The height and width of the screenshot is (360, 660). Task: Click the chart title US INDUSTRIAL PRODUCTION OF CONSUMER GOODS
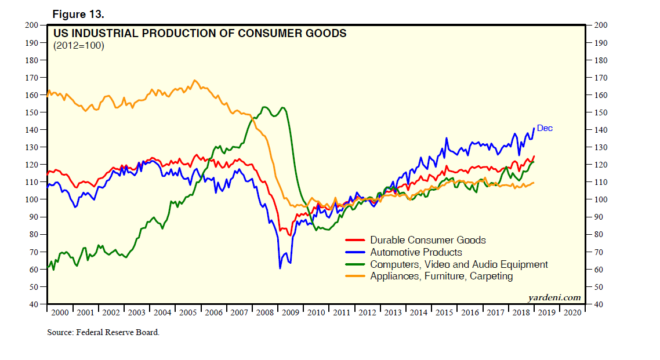click(200, 34)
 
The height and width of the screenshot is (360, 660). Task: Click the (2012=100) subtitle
click(78, 46)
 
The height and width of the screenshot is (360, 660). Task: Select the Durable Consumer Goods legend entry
click(427, 240)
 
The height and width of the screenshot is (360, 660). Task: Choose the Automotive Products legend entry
click(416, 252)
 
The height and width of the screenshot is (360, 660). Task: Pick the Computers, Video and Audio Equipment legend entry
click(459, 264)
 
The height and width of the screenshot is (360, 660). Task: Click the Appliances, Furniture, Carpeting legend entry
click(441, 277)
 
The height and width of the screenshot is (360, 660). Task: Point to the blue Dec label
click(545, 128)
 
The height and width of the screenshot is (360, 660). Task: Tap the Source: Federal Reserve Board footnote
click(103, 333)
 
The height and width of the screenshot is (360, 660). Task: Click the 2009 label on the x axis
click(289, 312)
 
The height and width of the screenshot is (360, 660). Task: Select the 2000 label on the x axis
click(60, 312)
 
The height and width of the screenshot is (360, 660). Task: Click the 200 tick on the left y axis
click(34, 25)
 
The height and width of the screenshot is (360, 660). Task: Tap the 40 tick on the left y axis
click(35, 304)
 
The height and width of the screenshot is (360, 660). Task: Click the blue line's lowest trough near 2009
click(280, 268)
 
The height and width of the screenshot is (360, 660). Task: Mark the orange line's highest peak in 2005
click(194, 81)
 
